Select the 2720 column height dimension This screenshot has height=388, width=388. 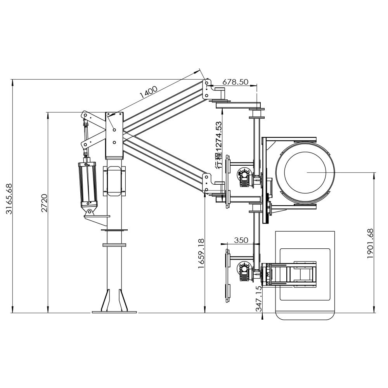(44, 203)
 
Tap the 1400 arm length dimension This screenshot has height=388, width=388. (148, 92)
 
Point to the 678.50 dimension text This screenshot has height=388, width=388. (236, 82)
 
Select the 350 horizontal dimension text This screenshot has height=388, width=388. (241, 240)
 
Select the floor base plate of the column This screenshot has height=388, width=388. (114, 312)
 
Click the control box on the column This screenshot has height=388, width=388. (114, 181)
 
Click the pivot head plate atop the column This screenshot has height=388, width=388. (114, 135)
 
